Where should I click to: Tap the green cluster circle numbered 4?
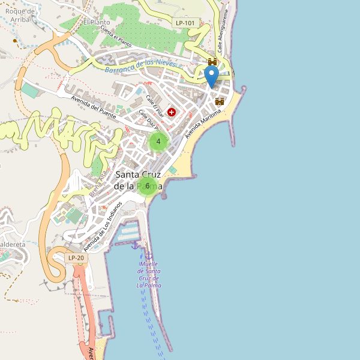[158, 142]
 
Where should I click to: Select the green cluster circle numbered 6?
[147, 186]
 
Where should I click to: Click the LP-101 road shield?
[185, 23]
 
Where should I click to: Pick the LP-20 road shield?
[76, 258]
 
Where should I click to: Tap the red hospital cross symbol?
[172, 112]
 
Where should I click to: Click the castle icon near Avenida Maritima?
[220, 101]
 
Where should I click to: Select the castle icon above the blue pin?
[212, 62]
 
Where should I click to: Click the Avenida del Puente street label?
[94, 107]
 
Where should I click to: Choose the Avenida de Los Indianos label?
[103, 226]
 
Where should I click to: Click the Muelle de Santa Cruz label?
[148, 274]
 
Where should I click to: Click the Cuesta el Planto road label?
[116, 36]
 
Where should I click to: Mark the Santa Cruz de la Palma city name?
[138, 180]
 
